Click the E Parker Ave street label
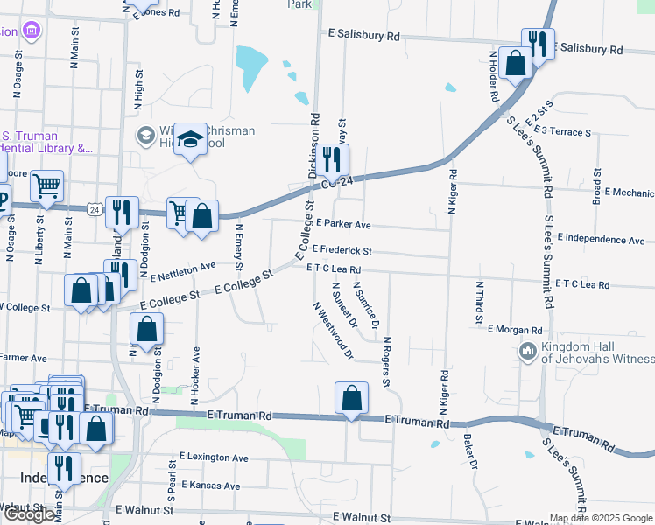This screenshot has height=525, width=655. coord(344,225)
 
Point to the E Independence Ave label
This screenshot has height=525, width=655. coord(601,239)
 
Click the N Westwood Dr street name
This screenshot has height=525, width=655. coord(333,332)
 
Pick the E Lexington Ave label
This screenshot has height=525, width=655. coord(214,458)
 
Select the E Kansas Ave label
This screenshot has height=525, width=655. coord(208,486)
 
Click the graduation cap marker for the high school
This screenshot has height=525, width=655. coord(190,140)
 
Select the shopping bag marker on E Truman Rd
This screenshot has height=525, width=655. coord(351,397)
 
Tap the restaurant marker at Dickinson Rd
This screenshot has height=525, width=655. coord(331,159)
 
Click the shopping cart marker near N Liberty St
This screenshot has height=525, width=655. coord(46,185)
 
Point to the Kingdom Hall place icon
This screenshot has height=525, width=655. coord(527,352)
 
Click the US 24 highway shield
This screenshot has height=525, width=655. coord(94,209)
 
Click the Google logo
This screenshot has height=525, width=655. coord(30,514)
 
